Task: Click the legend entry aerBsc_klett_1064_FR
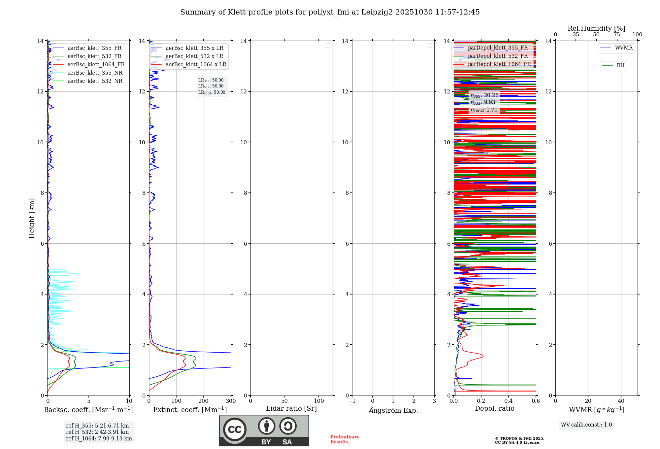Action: pos(96,65)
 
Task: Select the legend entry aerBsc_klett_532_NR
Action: pos(95,81)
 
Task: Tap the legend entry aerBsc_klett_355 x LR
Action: pos(194,48)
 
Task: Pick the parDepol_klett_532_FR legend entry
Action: pos(498,56)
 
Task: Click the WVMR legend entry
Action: pos(624,48)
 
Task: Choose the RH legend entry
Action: pos(620,66)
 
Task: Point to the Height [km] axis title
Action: pos(32,218)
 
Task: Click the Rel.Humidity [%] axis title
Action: pos(596,28)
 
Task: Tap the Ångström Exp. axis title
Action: pos(393,410)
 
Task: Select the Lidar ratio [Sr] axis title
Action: pos(291,409)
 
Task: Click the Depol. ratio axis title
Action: pos(494,409)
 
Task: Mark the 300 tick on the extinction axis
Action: pos(231,401)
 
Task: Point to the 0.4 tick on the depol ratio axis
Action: pos(508,401)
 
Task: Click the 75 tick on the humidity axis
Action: pos(616,35)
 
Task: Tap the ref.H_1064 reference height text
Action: pos(99,439)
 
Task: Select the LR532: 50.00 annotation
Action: pos(211,86)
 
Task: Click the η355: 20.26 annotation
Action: pos(484,95)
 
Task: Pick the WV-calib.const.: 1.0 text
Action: pos(586,425)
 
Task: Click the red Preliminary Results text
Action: pos(345,439)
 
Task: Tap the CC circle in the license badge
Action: pos(235,430)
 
